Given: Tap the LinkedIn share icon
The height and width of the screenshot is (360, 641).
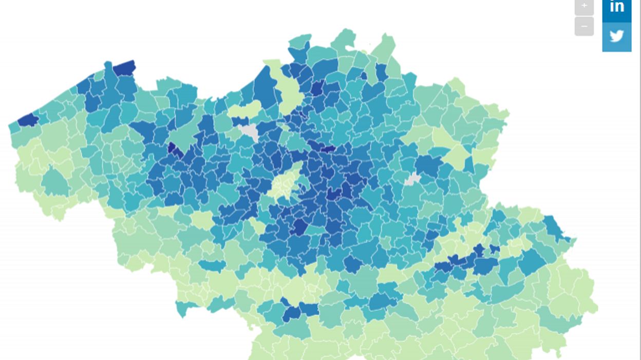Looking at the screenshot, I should (x=616, y=7).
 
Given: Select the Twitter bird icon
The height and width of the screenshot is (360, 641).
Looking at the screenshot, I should (x=616, y=36).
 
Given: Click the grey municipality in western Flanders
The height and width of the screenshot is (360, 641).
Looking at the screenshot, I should (x=250, y=132).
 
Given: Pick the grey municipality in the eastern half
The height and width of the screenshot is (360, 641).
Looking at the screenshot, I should (x=412, y=179).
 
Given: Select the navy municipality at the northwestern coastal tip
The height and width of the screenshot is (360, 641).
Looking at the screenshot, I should (x=125, y=68).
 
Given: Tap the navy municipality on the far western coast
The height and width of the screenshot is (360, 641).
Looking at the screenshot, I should (x=28, y=120).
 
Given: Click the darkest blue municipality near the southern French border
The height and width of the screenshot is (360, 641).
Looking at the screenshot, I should (x=292, y=313).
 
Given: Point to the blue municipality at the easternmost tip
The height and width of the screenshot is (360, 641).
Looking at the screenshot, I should (x=555, y=228).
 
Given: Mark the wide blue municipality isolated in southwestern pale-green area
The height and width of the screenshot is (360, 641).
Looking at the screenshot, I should (x=212, y=266).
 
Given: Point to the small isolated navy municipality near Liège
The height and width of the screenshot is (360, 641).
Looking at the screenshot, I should (x=495, y=249).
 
